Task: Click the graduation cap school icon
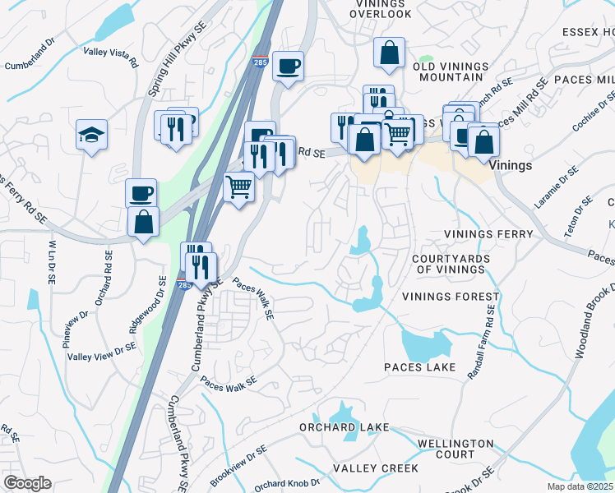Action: (92, 136)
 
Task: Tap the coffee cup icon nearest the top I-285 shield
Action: (287, 66)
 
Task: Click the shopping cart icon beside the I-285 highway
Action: (238, 188)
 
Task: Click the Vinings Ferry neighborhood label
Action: (488, 234)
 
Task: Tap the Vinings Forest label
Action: (451, 296)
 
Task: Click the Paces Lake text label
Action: (418, 366)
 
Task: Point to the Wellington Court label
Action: (455, 449)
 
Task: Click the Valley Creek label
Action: (376, 468)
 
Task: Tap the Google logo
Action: (27, 483)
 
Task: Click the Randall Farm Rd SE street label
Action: (481, 342)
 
